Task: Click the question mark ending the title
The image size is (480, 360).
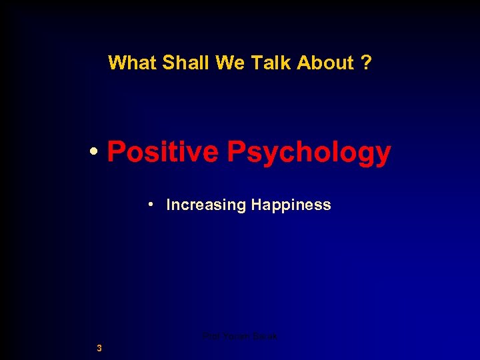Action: (x=366, y=63)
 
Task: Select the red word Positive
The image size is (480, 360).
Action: (x=163, y=152)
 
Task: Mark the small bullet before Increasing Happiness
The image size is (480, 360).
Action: (x=153, y=203)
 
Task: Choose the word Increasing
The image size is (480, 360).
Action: (x=206, y=205)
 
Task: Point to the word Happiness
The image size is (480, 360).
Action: (x=291, y=205)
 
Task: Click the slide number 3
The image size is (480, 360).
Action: (x=99, y=347)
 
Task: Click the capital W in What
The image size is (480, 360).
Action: (x=115, y=63)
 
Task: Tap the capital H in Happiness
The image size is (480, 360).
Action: (x=256, y=205)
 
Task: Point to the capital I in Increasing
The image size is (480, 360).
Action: (x=168, y=205)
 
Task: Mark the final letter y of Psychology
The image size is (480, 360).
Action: (x=383, y=155)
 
